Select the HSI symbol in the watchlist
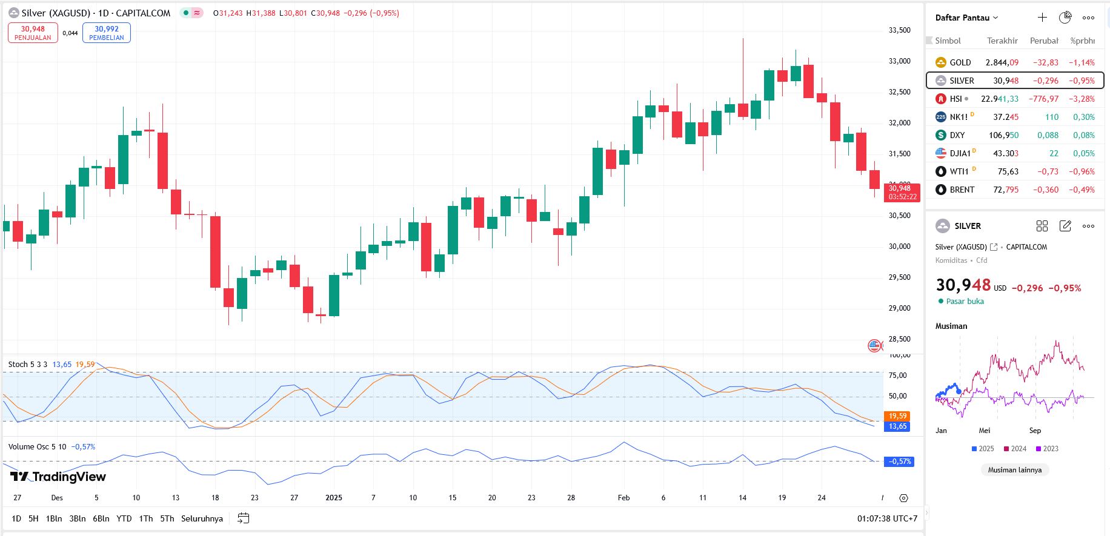pos(955,99)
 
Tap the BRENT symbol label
pos(962,190)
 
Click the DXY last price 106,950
pos(1003,135)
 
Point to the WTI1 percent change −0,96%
pos(1082,171)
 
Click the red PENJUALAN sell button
pos(33,33)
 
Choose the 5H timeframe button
pos(33,518)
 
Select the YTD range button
pos(124,518)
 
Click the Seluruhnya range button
pos(202,518)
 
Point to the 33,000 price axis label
pos(899,61)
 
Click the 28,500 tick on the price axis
pos(899,339)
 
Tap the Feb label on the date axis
pos(623,498)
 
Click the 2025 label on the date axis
pos(334,498)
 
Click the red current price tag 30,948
pos(902,192)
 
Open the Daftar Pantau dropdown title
pos(966,18)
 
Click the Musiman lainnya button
pos(1014,470)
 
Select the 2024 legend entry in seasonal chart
pos(1015,449)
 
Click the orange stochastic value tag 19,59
pos(897,416)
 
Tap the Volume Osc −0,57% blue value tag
pos(899,462)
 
